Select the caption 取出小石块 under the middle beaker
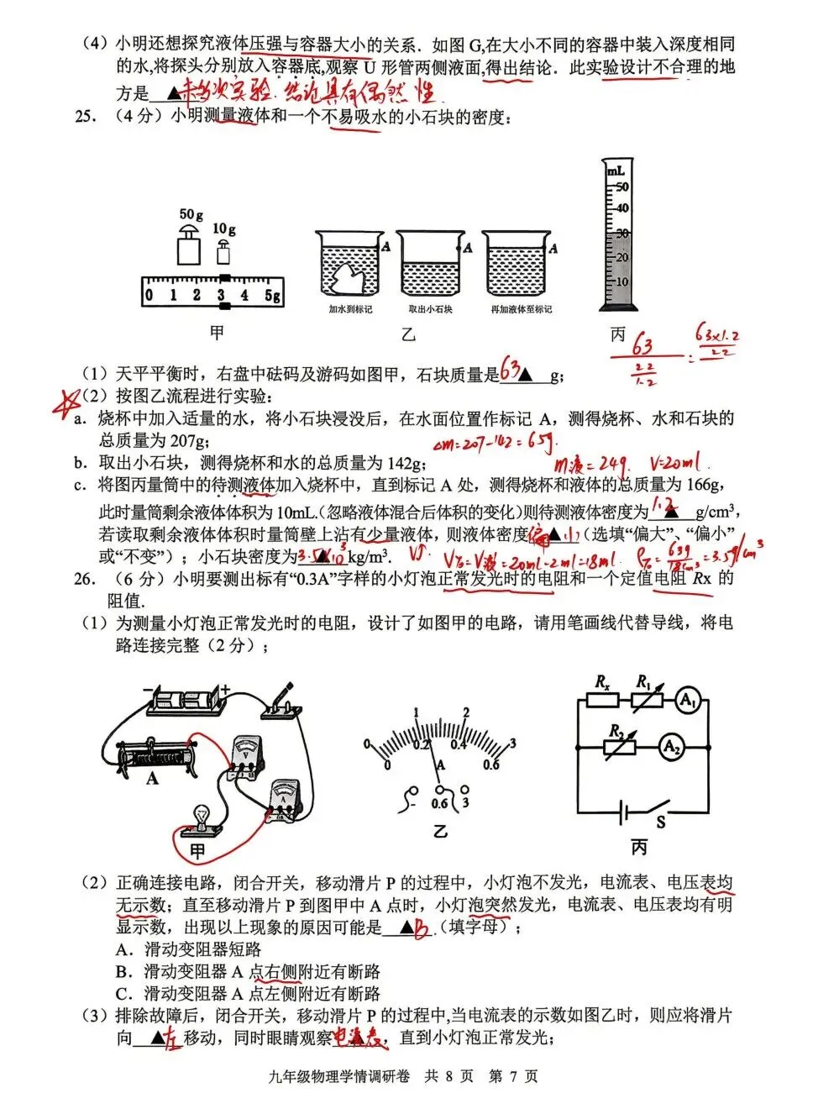pos(430,309)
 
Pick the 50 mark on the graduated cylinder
pos(622,187)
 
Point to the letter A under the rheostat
pos(152,779)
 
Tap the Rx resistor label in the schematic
pos(602,682)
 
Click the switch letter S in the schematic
pos(661,822)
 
